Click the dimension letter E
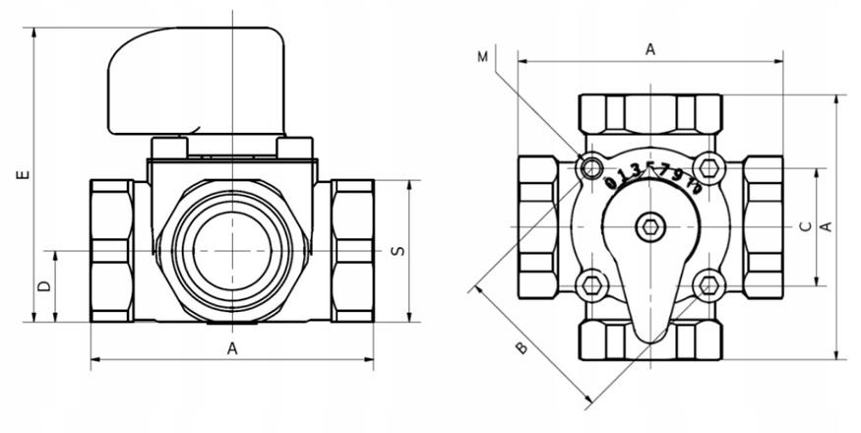pyautogui.click(x=23, y=175)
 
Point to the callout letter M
pyautogui.click(x=482, y=57)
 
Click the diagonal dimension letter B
pyautogui.click(x=522, y=347)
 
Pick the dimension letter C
pyautogui.click(x=806, y=226)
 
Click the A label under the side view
pyautogui.click(x=232, y=348)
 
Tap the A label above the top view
pyautogui.click(x=650, y=49)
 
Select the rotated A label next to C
pyautogui.click(x=826, y=226)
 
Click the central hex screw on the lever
pyautogui.click(x=650, y=226)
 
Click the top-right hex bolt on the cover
pyautogui.click(x=708, y=166)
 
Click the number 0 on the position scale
pyautogui.click(x=610, y=182)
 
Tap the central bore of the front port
pyautogui.click(x=232, y=251)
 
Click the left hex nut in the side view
pyautogui.click(x=112, y=251)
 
